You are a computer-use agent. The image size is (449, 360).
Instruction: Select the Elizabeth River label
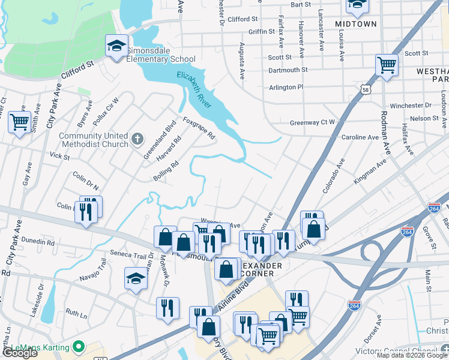coord(199,88)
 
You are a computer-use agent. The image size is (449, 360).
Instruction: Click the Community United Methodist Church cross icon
coord(137,140)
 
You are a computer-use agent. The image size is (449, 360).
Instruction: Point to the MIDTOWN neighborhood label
coord(356,24)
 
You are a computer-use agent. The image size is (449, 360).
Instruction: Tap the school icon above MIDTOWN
coord(357,5)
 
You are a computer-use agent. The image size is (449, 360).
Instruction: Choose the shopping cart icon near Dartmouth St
coord(387,65)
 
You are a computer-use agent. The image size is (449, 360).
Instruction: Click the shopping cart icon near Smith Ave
coord(19,122)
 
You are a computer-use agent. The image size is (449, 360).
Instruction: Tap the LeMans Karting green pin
coord(77,346)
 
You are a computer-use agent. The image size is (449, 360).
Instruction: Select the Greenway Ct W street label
coord(312,122)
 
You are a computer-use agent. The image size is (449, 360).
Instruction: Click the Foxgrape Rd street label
coord(199,128)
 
